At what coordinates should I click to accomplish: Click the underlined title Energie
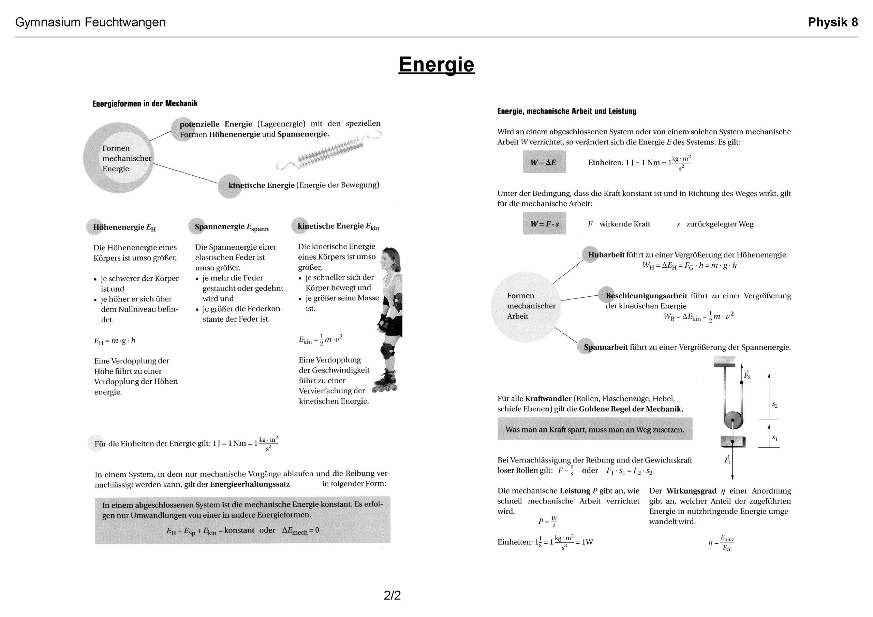click(436, 64)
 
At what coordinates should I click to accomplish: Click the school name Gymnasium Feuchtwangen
click(90, 23)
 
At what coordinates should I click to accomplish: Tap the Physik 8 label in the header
click(832, 23)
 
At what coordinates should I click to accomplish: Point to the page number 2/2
click(392, 595)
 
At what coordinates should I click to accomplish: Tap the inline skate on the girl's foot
click(385, 382)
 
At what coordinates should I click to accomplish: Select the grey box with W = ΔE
click(544, 162)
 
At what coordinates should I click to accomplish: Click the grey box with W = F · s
click(544, 224)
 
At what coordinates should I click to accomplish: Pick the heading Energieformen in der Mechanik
click(145, 103)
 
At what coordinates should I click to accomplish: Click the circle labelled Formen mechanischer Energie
click(119, 158)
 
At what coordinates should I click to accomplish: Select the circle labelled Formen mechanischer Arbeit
click(526, 306)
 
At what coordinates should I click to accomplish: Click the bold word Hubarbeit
click(606, 255)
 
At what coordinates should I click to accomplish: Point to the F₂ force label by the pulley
click(747, 375)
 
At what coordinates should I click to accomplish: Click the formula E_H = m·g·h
click(115, 340)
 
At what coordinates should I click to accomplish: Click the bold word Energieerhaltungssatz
click(250, 484)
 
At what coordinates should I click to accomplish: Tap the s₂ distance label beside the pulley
click(774, 405)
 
